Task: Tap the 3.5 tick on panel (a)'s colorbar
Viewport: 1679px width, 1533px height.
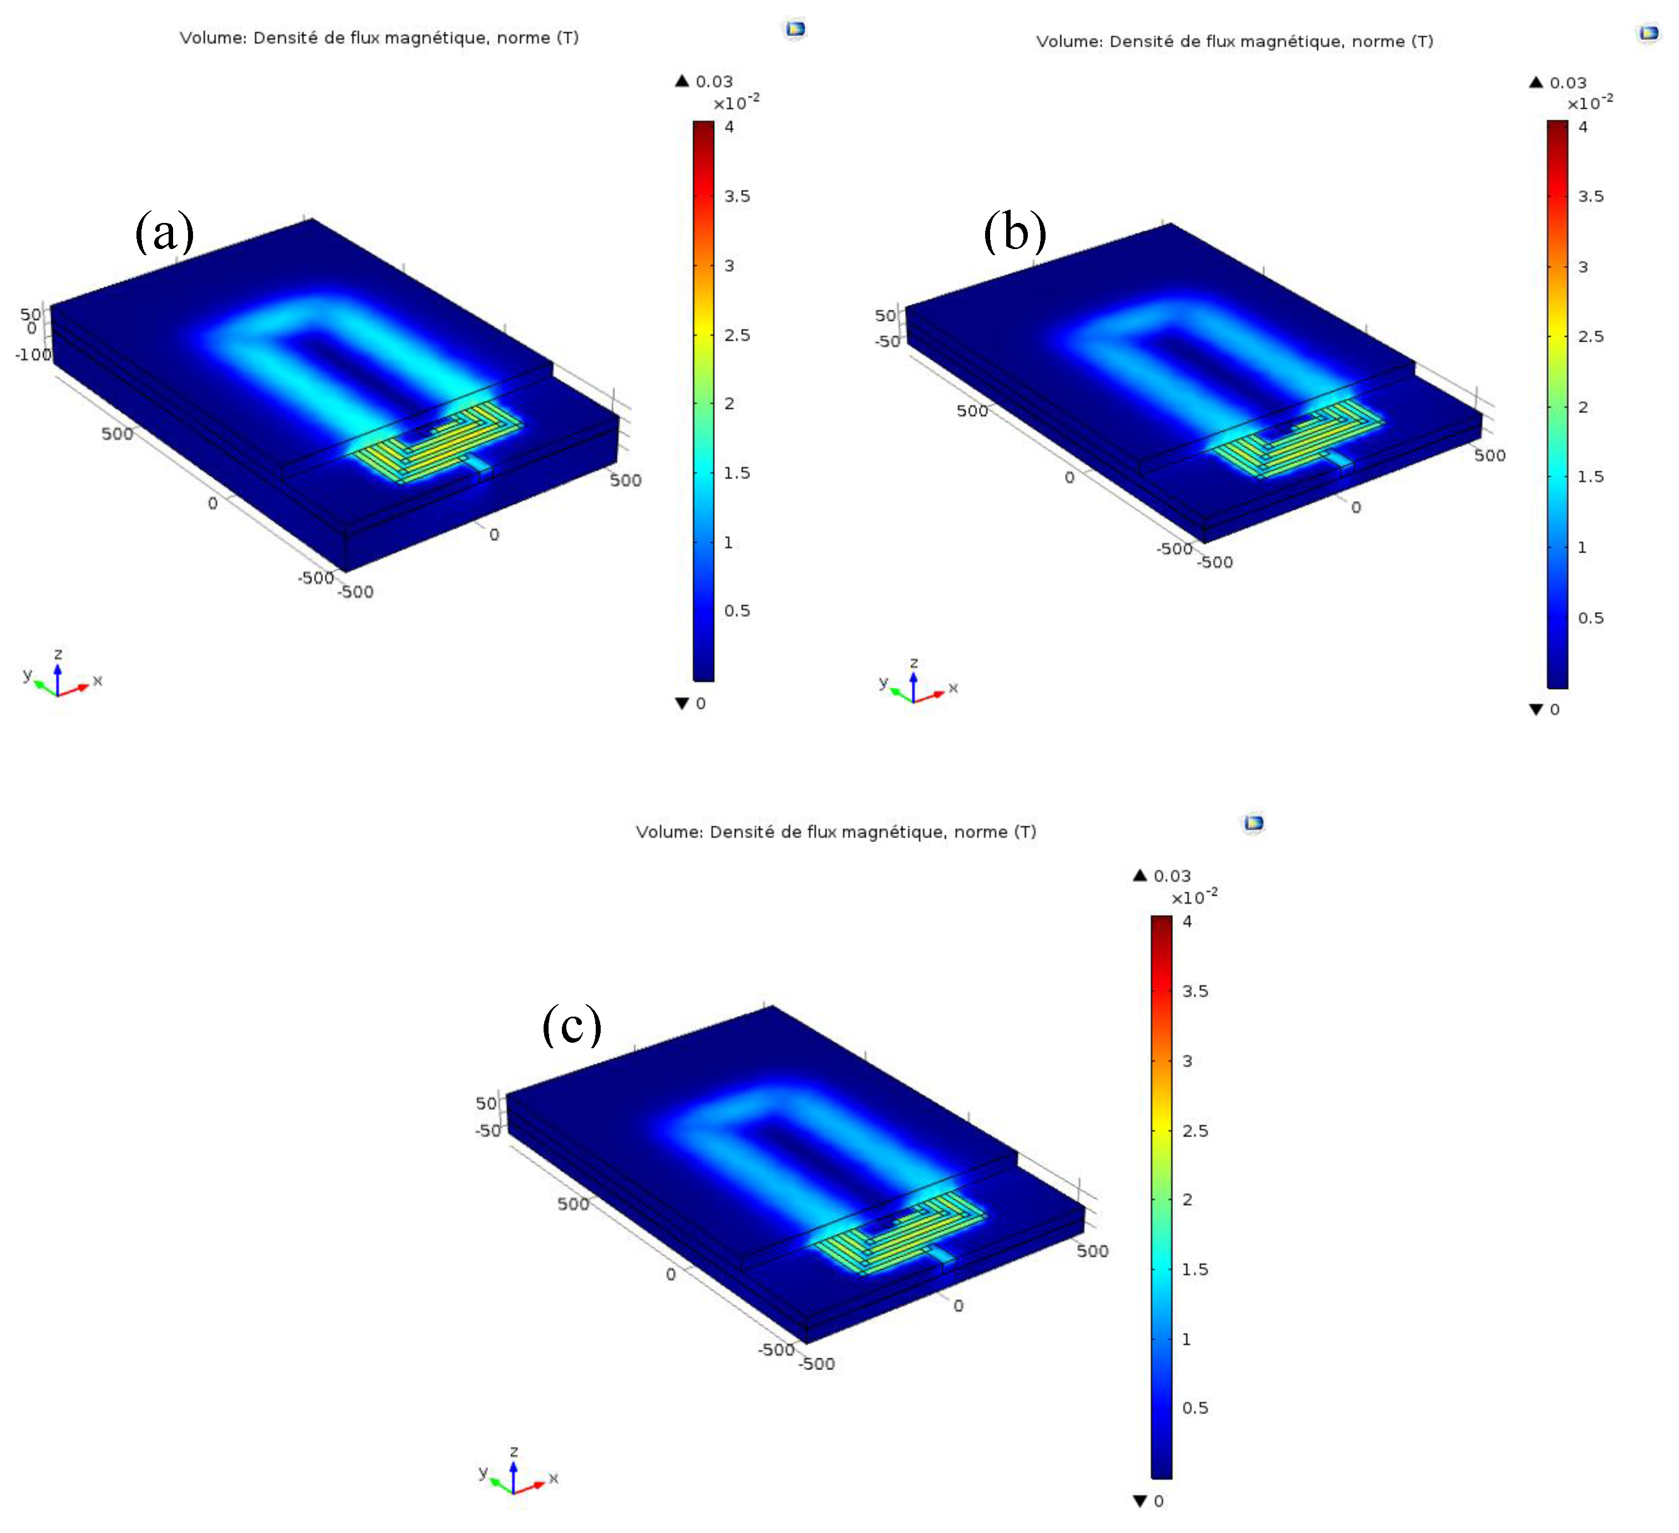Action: tap(736, 196)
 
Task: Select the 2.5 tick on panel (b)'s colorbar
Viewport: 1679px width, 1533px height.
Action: tap(1590, 337)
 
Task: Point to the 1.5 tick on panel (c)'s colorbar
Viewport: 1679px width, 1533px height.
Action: tap(1194, 1269)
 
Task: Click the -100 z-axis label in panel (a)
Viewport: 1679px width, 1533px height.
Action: tap(33, 355)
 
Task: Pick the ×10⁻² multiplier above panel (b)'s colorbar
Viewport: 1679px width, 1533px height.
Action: tap(1590, 103)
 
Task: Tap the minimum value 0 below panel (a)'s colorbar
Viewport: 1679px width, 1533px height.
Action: tap(701, 704)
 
